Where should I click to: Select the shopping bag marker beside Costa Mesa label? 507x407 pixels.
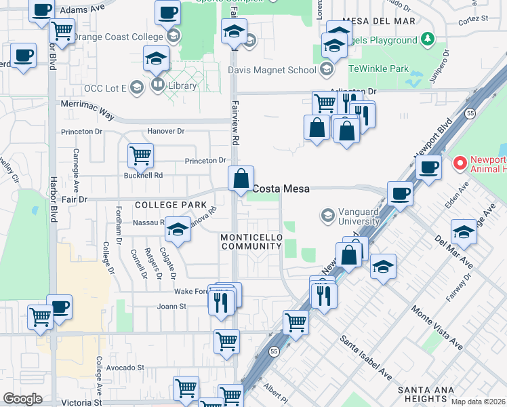point(241,180)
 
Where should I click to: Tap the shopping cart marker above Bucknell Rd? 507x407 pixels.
point(140,156)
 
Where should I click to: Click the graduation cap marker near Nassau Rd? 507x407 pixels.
point(178,230)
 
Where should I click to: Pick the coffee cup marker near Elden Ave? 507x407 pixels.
point(428,167)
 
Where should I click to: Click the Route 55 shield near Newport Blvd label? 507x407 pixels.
point(470,115)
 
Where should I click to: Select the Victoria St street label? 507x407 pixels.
point(81,402)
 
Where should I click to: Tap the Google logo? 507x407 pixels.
point(22,399)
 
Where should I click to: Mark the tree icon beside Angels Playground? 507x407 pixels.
point(427,40)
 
